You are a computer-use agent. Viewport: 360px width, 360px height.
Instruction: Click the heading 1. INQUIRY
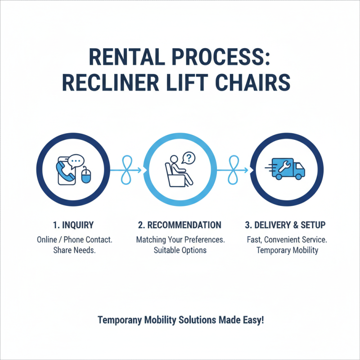73,225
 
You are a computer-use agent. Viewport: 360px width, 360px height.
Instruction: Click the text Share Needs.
73,250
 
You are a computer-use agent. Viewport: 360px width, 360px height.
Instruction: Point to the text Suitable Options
180,250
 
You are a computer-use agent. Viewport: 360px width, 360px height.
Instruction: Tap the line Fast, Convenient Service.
287,239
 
